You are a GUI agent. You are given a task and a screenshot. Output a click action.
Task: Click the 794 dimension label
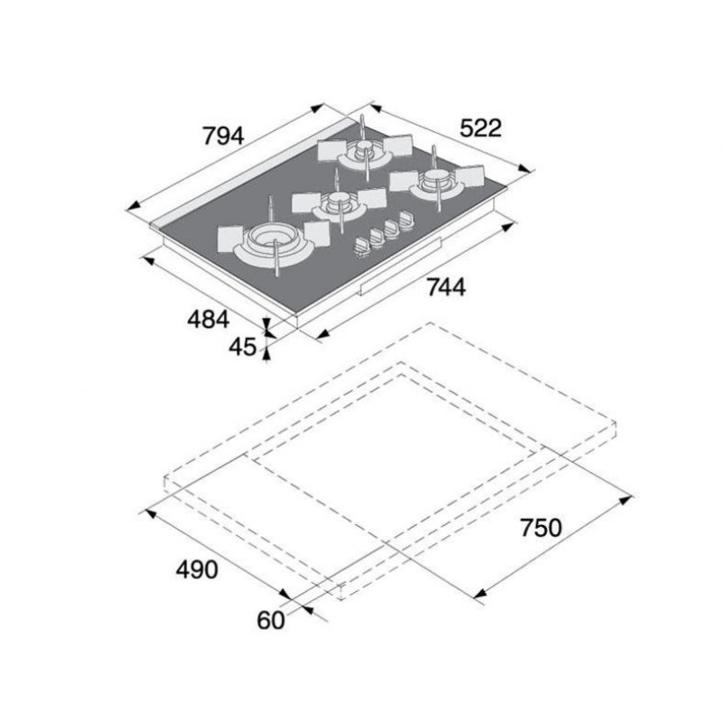(x=223, y=136)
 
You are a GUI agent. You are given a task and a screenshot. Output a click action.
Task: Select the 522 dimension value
(x=481, y=128)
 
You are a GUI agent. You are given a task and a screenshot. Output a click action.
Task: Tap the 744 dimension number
(x=446, y=287)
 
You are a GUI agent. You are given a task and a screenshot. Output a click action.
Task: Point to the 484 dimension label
(x=208, y=319)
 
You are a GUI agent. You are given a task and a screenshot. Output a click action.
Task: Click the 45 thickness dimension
(x=242, y=347)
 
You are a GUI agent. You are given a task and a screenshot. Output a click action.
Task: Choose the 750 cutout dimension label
(x=541, y=528)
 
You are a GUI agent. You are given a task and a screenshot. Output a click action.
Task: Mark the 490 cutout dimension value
(x=197, y=569)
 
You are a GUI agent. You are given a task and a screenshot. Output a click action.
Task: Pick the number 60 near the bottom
(x=270, y=620)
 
